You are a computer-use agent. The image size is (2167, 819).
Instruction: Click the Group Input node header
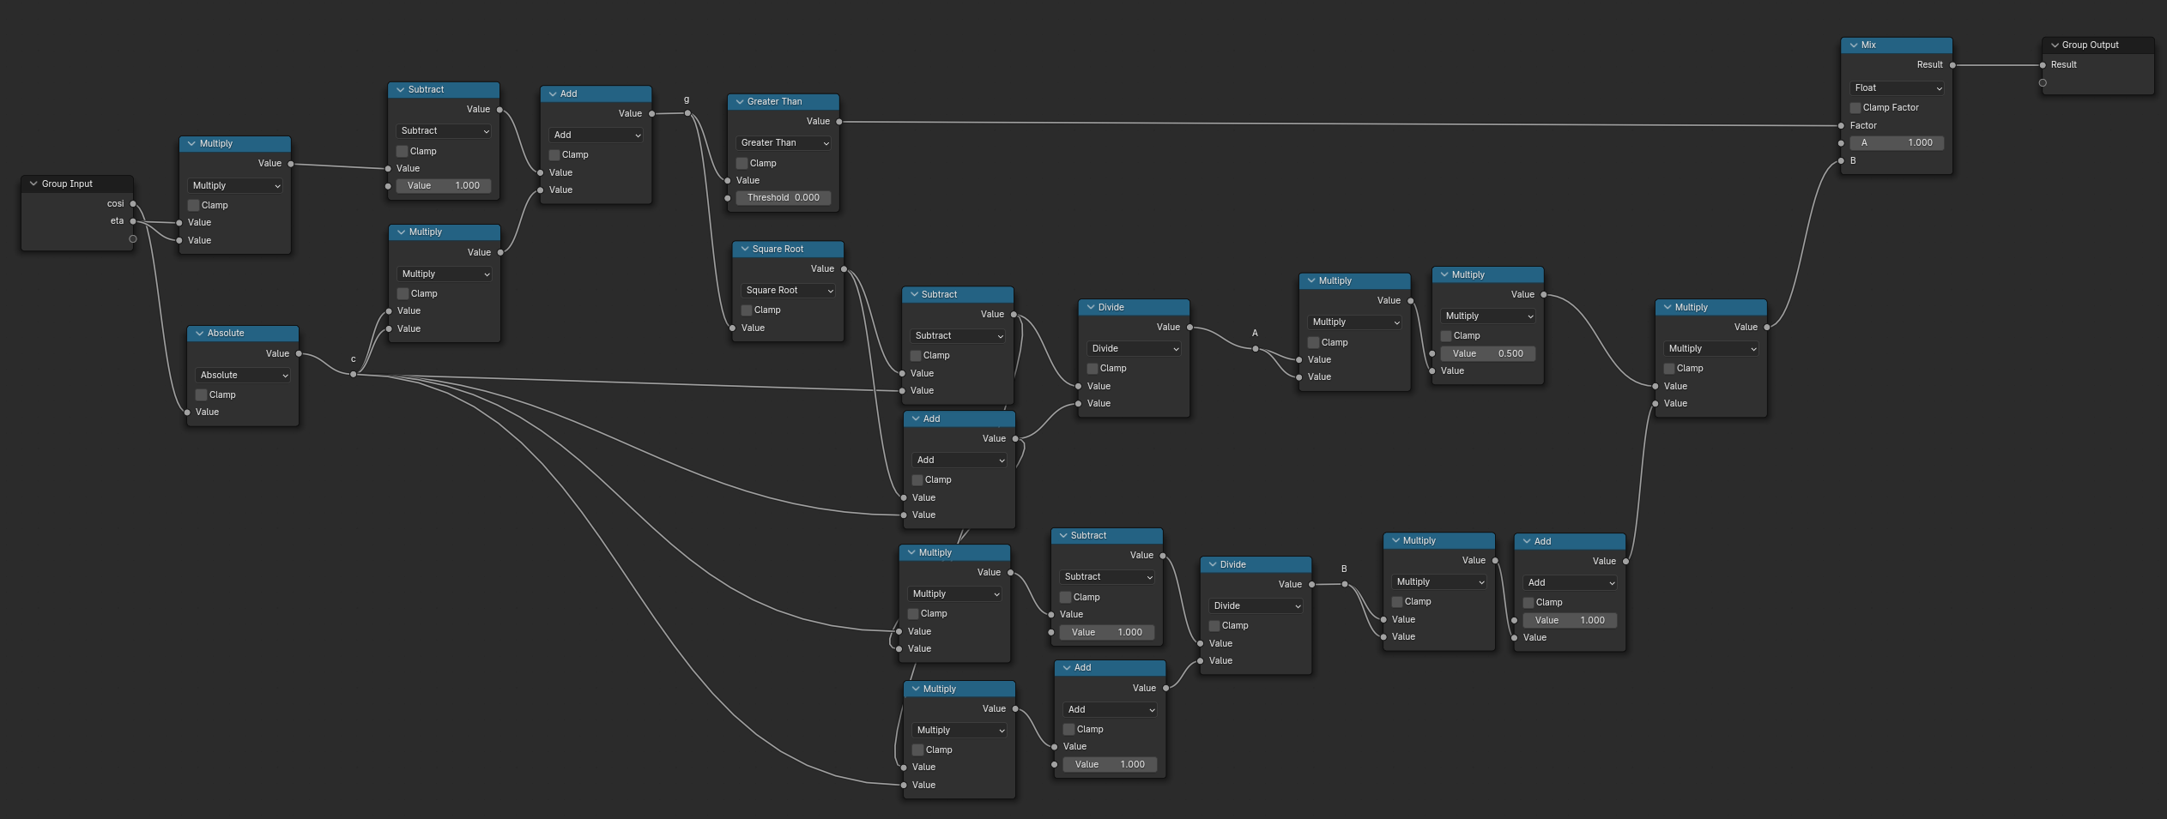[x=77, y=184]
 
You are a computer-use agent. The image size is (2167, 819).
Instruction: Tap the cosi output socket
[x=133, y=204]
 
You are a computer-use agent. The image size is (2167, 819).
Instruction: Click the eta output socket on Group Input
[x=133, y=221]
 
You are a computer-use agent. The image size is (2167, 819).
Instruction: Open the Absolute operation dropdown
[x=244, y=375]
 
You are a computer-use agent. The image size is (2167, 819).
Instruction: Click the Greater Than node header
[x=783, y=101]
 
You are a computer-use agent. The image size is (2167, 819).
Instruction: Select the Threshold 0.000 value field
[x=783, y=197]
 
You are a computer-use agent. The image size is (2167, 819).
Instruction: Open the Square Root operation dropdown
[x=789, y=290]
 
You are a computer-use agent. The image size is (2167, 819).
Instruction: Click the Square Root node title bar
[x=788, y=249]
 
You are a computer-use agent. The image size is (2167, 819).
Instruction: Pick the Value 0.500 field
[x=1487, y=353]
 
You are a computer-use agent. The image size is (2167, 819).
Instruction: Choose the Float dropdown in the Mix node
[x=1897, y=87]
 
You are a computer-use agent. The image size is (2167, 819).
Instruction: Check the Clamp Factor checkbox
[x=1855, y=108]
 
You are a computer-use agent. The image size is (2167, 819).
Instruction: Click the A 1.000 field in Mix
[x=1897, y=143]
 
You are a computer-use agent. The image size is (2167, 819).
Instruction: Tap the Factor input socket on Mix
[x=1841, y=126]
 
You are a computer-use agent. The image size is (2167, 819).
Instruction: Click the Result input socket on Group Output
[x=2043, y=65]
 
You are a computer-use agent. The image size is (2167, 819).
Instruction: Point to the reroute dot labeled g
[x=687, y=113]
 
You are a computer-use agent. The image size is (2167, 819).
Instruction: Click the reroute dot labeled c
[x=353, y=374]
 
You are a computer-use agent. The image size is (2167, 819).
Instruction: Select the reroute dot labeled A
[x=1255, y=348]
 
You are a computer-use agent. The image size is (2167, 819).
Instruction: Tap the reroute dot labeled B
[x=1344, y=584]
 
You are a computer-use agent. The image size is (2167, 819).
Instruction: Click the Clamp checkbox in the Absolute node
[x=202, y=394]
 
